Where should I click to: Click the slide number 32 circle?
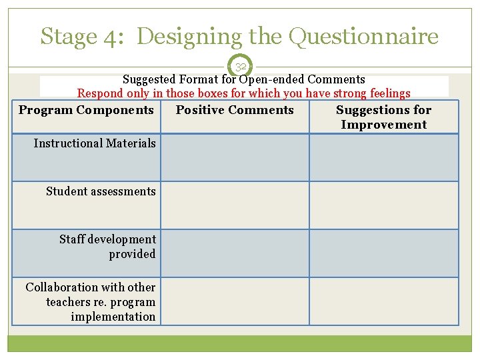[x=241, y=67]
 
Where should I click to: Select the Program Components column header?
[x=86, y=110]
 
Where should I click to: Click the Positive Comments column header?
[x=235, y=110]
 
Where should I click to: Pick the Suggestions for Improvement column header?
[x=383, y=117]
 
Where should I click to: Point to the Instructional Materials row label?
[x=95, y=143]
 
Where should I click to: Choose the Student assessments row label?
[x=101, y=191]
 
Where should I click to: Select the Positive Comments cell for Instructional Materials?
[x=235, y=158]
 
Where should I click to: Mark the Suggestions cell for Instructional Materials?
[x=383, y=158]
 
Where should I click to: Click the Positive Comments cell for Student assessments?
[x=235, y=205]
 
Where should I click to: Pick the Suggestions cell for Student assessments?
[x=383, y=205]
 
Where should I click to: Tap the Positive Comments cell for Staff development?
[x=235, y=253]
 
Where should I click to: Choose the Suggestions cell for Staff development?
[x=383, y=253]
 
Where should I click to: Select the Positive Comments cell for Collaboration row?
[x=235, y=301]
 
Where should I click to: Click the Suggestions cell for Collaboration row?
[x=383, y=301]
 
